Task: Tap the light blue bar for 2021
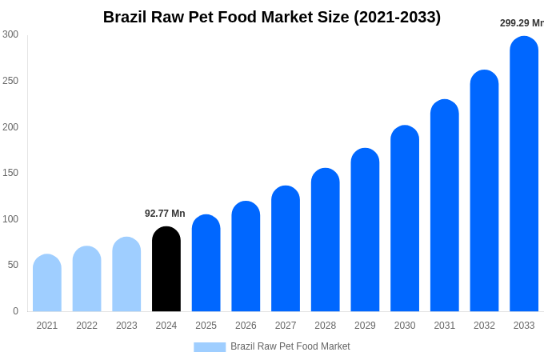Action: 47,283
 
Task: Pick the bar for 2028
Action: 326,240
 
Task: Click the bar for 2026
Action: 246,256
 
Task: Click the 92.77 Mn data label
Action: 165,214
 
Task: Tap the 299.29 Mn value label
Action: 521,23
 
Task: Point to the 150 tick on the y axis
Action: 10,173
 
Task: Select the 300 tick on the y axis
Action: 10,34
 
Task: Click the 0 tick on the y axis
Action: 15,311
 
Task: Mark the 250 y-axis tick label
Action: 10,81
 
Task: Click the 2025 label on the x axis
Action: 206,326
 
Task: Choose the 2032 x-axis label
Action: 484,326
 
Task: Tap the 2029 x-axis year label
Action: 365,326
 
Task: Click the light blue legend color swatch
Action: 210,346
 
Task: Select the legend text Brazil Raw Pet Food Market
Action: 290,346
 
